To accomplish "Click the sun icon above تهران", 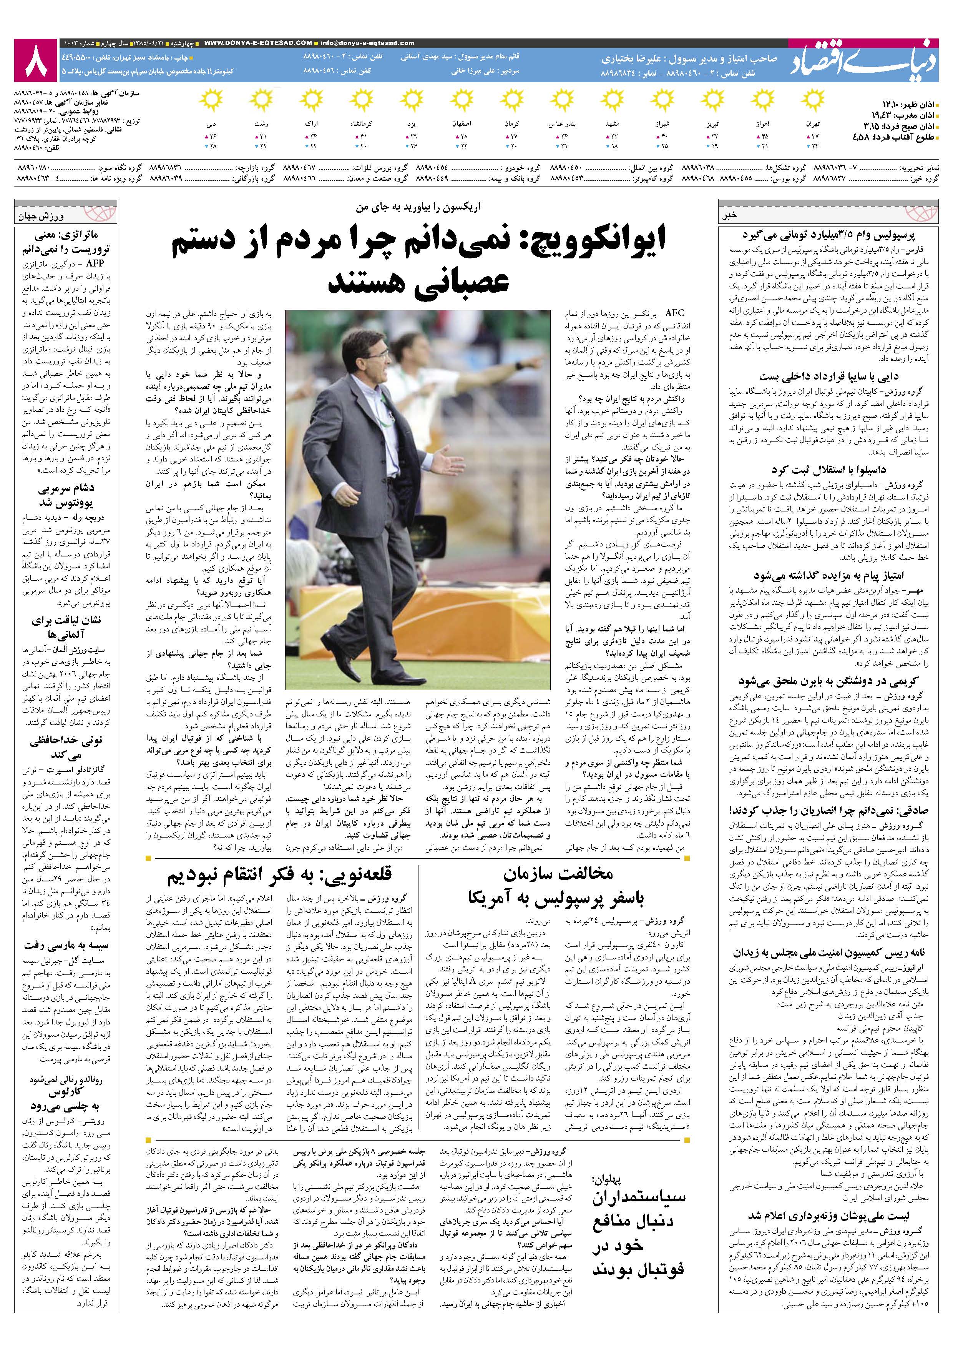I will [813, 98].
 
